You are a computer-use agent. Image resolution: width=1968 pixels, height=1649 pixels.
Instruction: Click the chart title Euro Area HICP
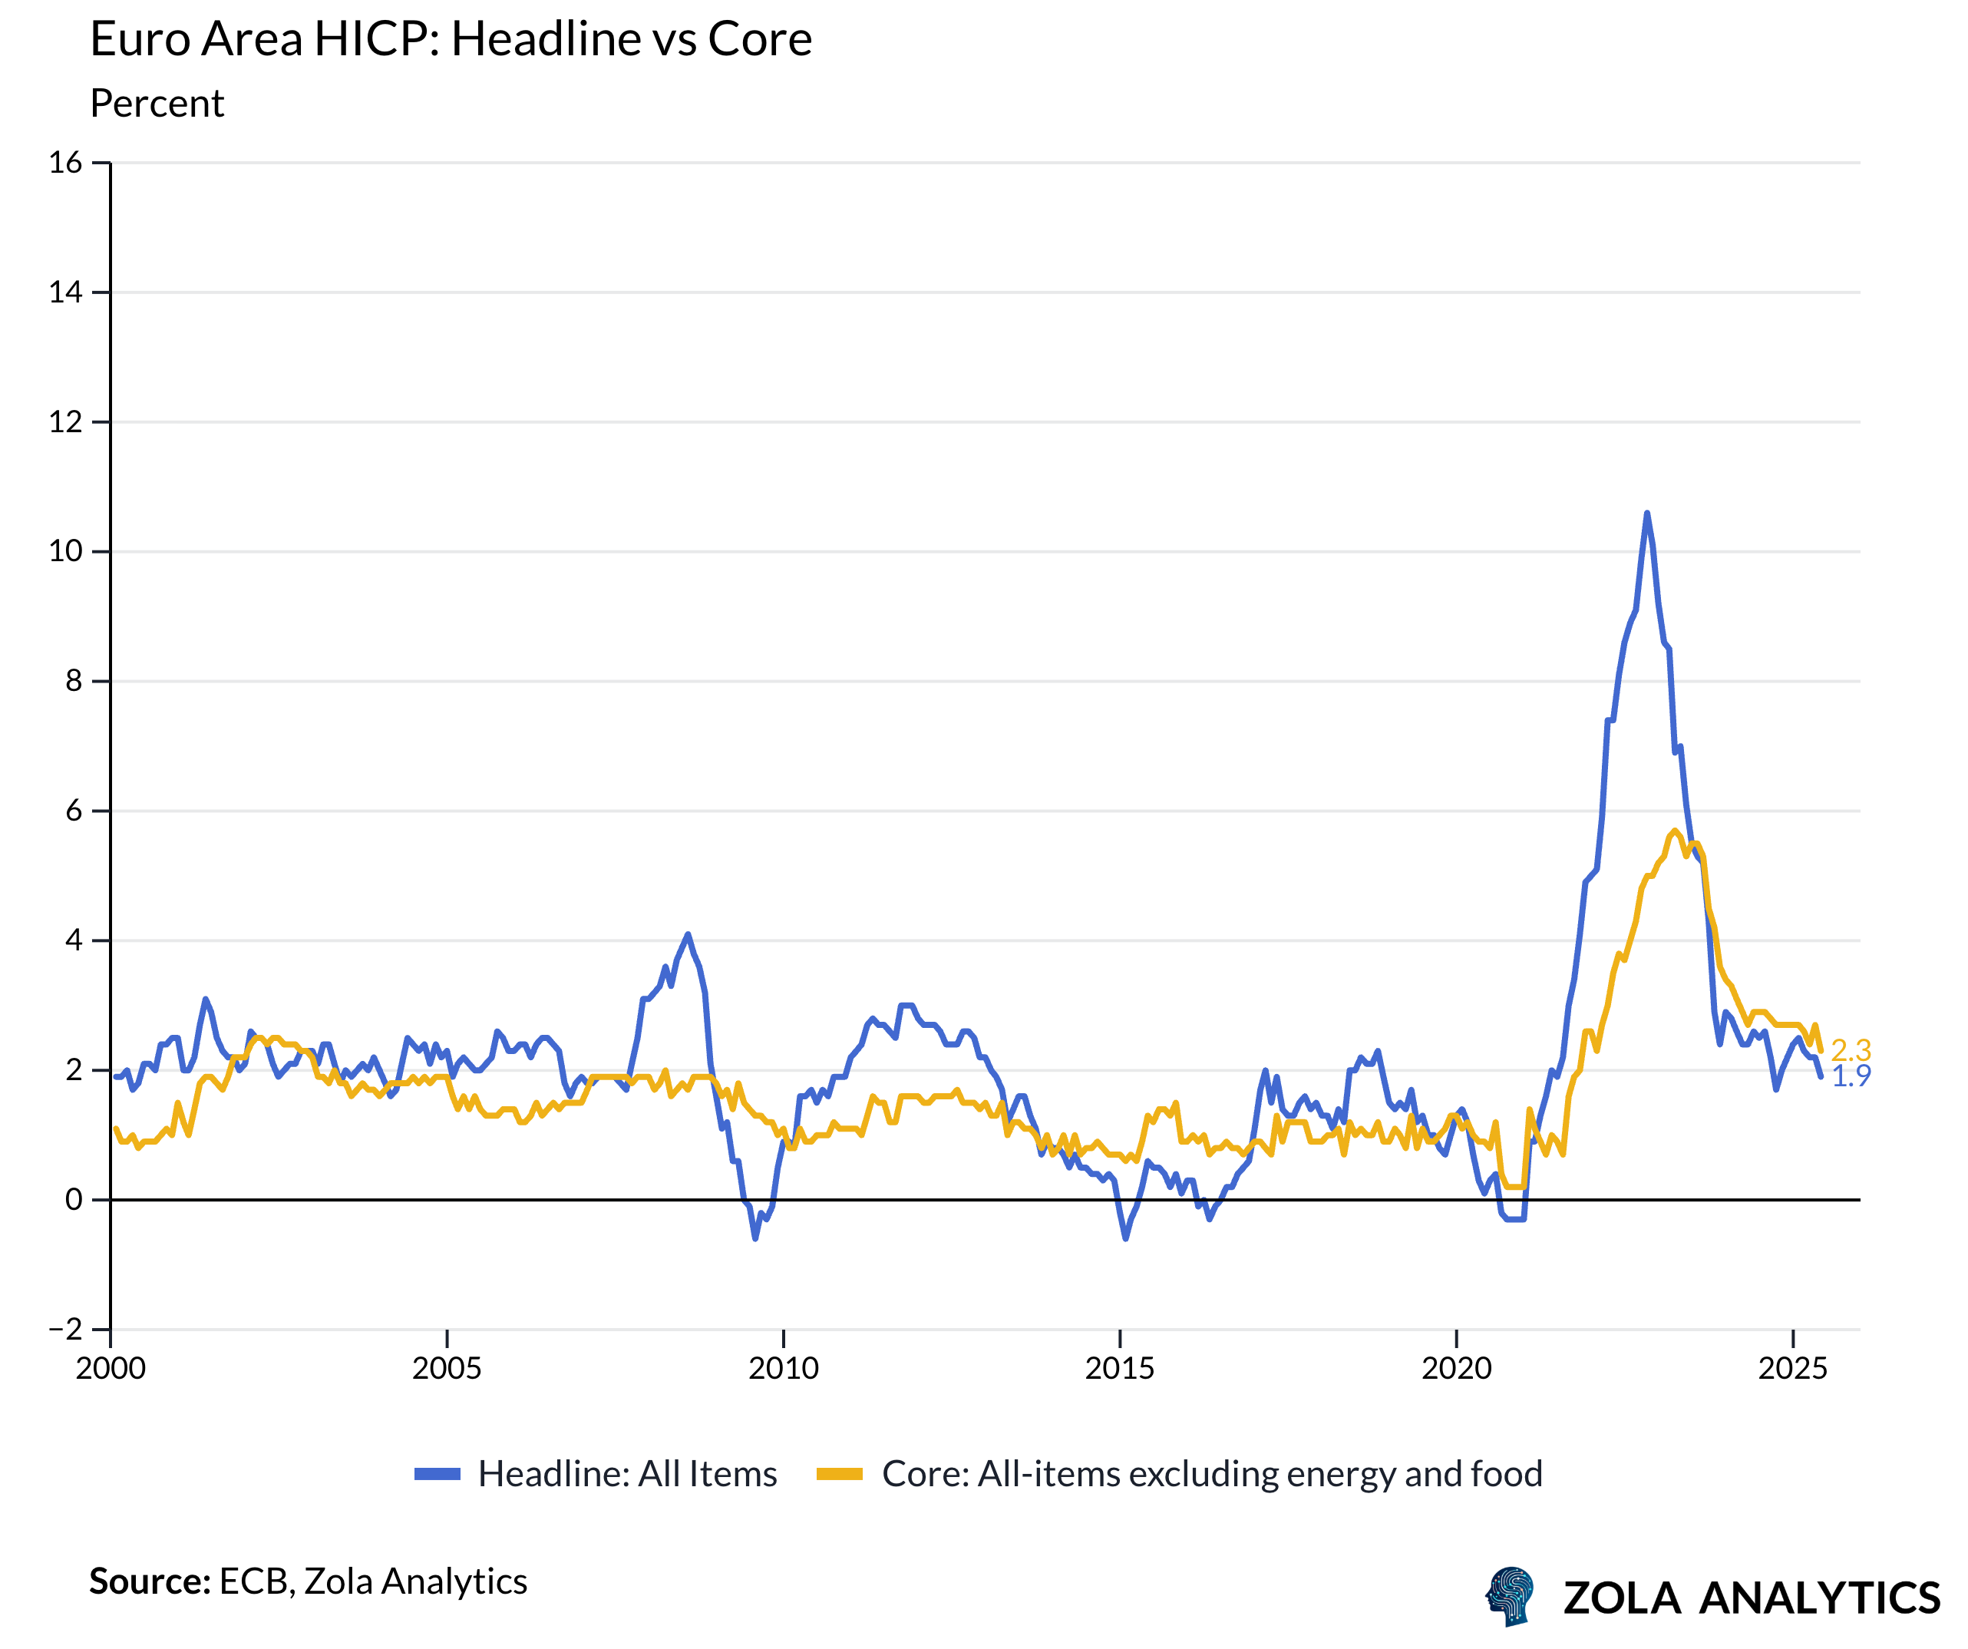coord(450,39)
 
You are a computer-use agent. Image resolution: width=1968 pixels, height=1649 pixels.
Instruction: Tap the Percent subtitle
coord(157,103)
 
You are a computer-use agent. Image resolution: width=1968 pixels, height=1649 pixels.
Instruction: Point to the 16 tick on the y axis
coord(65,163)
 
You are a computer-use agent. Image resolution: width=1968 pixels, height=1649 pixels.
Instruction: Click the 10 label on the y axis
coord(65,551)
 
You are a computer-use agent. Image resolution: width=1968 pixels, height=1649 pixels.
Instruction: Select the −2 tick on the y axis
coord(65,1330)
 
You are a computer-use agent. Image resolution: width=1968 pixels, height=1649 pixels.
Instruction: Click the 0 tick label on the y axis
coord(73,1200)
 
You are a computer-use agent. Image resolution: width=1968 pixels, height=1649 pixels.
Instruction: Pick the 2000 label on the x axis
coord(111,1369)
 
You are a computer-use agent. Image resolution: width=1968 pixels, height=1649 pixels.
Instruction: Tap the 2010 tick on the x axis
coord(784,1369)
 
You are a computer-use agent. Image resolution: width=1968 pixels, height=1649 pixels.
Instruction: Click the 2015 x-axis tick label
coord(1120,1369)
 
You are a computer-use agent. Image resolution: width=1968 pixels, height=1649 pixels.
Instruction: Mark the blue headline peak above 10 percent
coord(1646,514)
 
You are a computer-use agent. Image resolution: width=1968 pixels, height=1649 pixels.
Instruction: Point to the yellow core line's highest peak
coord(1675,831)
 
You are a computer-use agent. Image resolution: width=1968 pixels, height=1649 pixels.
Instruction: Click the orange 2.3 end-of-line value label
coord(1851,1050)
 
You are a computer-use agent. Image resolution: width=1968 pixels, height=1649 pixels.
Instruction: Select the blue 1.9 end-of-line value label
coord(1851,1076)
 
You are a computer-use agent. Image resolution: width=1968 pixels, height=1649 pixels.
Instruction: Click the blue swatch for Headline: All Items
coord(438,1475)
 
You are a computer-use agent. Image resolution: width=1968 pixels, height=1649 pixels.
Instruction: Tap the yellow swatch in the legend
coord(839,1475)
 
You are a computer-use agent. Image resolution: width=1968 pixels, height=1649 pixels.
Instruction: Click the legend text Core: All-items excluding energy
coord(1212,1475)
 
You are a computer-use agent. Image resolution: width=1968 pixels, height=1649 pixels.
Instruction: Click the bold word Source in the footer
coord(149,1581)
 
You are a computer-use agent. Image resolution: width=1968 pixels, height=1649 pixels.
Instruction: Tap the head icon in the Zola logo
coord(1511,1595)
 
